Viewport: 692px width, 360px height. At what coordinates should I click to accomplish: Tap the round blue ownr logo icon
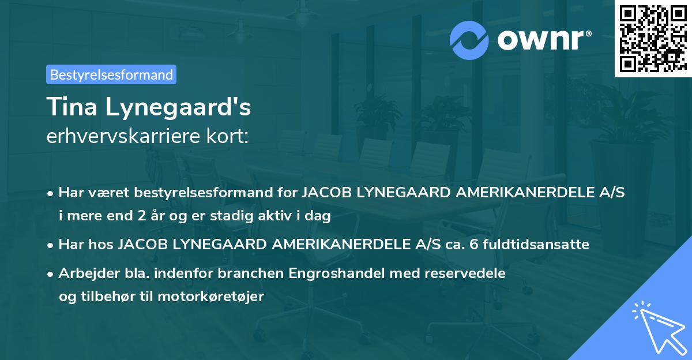469,39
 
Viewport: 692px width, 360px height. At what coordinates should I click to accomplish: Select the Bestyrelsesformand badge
111,74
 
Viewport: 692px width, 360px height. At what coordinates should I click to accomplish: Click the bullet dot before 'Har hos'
51,245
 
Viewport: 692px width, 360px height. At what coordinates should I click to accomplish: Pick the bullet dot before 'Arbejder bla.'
51,274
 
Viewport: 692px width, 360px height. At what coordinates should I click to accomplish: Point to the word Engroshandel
339,273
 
